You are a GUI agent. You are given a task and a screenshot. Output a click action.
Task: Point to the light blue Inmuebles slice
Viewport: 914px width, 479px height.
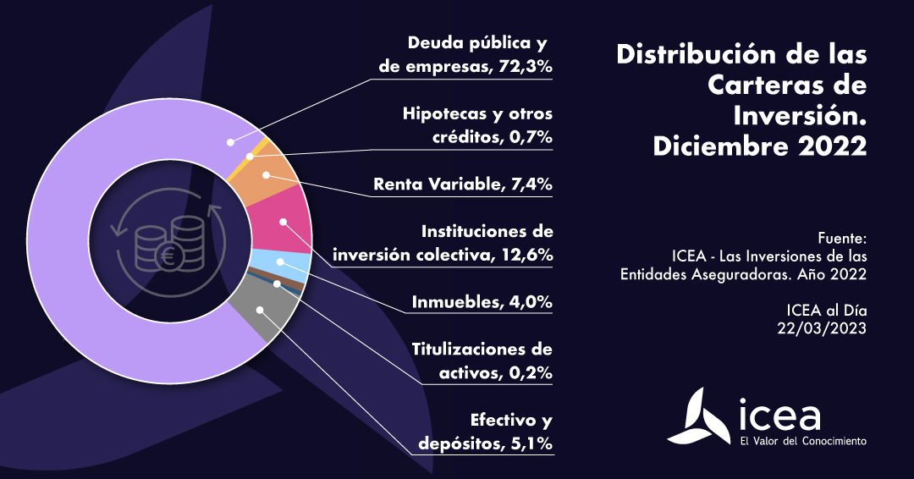pos(280,265)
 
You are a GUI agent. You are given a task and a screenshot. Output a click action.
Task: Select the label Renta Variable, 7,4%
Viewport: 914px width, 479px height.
pos(462,184)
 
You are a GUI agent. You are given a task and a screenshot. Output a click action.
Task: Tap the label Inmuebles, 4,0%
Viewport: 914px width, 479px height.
pos(482,302)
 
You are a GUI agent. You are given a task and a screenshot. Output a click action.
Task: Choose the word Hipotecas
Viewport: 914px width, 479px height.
pos(441,114)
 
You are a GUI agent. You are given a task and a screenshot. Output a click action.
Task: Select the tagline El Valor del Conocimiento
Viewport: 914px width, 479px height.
pos(803,442)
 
